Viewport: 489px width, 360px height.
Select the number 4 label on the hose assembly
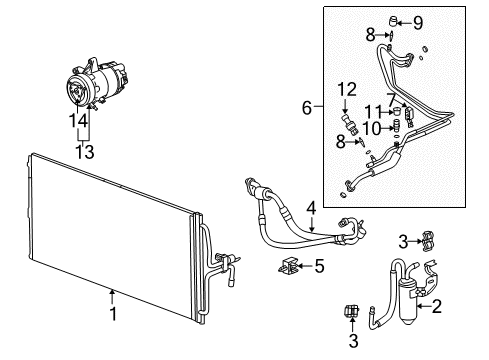click(x=312, y=208)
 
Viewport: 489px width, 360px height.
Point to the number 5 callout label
click(x=319, y=266)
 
